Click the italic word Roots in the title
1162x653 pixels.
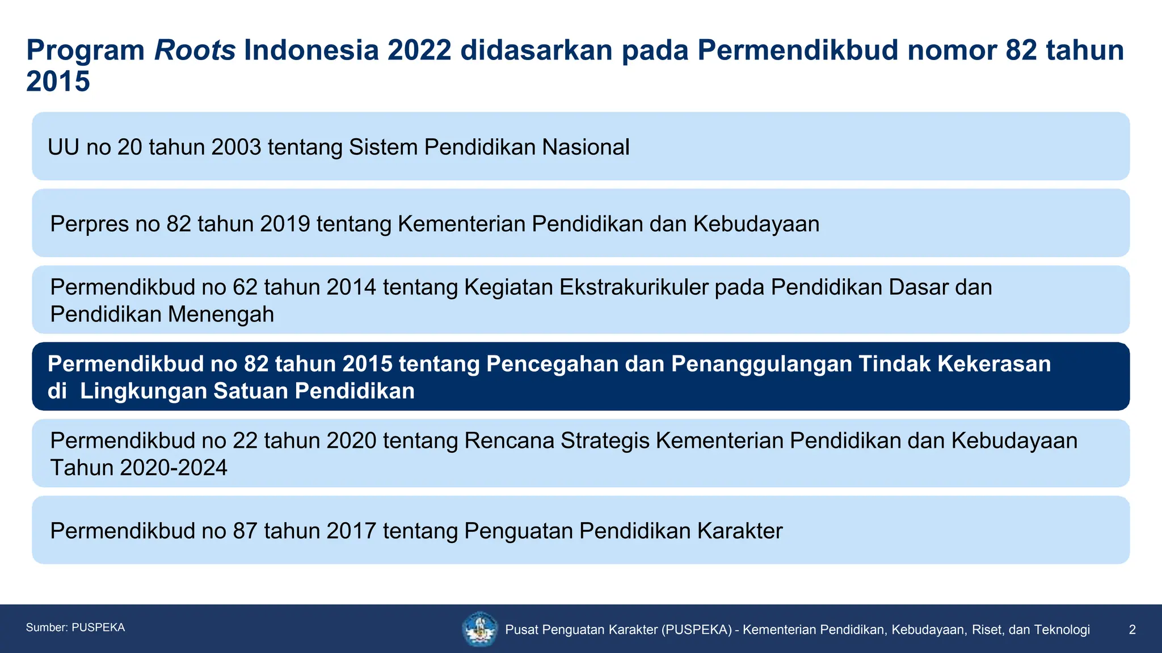point(195,50)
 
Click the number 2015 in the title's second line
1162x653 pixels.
point(58,82)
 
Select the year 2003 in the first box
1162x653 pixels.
point(236,147)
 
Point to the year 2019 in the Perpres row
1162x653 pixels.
point(285,224)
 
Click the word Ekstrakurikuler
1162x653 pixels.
point(634,287)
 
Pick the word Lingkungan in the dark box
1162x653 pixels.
point(143,391)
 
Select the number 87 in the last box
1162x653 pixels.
point(245,531)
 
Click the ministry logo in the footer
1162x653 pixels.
point(480,629)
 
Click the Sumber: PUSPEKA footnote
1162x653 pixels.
point(75,627)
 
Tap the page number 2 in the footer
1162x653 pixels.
point(1132,630)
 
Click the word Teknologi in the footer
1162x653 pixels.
point(1061,630)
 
